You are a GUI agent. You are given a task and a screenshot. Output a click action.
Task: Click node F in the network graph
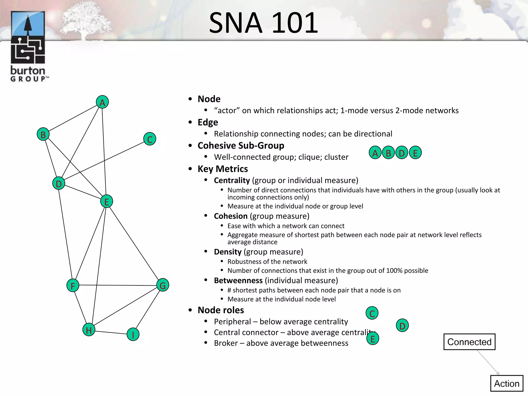(73, 285)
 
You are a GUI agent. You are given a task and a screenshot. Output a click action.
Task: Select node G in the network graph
(163, 285)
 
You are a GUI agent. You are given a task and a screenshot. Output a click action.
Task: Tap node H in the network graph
(89, 329)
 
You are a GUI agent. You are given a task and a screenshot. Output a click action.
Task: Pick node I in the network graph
(133, 334)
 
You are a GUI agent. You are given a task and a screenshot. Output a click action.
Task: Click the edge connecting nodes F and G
(118, 285)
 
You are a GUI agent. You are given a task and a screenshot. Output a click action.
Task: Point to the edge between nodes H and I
(111, 332)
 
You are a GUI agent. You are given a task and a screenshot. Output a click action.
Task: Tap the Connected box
(469, 342)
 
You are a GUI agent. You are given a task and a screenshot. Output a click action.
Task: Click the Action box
(507, 383)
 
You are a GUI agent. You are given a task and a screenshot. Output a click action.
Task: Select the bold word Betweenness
(238, 280)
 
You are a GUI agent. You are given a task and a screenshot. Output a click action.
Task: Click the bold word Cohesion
(231, 216)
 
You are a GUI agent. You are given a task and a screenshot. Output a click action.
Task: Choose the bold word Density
(228, 252)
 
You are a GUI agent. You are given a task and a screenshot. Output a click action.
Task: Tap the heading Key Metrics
(223, 169)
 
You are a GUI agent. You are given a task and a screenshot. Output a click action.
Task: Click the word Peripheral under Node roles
(232, 322)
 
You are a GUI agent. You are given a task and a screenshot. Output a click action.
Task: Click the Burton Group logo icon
(28, 37)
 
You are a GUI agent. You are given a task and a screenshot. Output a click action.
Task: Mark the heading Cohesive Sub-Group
(241, 146)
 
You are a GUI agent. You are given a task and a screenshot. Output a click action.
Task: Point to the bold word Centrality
(232, 180)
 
